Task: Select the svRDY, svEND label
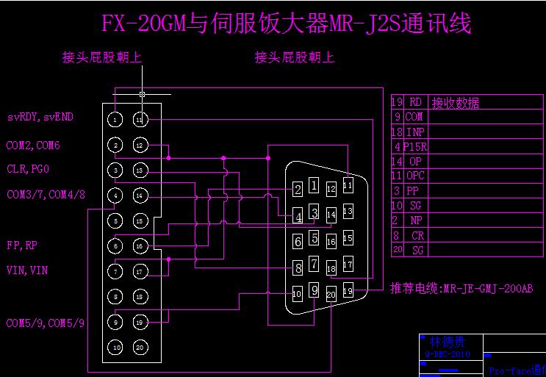point(40,117)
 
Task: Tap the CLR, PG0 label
point(29,169)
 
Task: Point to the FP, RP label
point(23,245)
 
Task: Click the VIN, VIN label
point(27,270)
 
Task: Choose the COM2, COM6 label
point(33,146)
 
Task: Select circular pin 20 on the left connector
point(140,347)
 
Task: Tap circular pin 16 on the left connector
point(140,245)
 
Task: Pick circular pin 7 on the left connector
point(116,271)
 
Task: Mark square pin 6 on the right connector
point(298,242)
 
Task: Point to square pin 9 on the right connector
point(315,290)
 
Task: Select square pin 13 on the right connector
point(348,212)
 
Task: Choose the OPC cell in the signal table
point(415,176)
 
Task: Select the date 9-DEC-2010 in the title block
point(448,354)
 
